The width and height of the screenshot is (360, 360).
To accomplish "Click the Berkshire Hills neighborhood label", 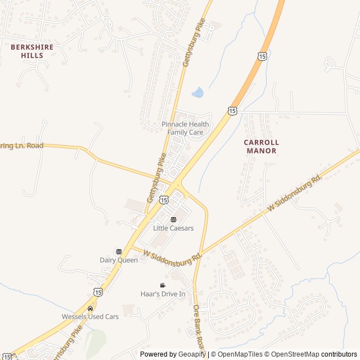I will pyautogui.click(x=32, y=51).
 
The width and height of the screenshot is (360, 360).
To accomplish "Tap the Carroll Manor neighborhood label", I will pyautogui.click(x=261, y=146).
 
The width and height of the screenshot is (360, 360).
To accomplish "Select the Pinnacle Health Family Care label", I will pyautogui.click(x=185, y=128).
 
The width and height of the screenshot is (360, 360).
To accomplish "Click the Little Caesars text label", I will pyautogui.click(x=173, y=228).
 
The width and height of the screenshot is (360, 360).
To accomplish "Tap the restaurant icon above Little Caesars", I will pyautogui.click(x=173, y=219).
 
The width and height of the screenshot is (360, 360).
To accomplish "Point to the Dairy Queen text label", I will pyautogui.click(x=119, y=260).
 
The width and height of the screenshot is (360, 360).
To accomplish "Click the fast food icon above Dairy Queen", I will pyautogui.click(x=119, y=251).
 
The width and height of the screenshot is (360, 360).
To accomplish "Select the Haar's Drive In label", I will pyautogui.click(x=163, y=294).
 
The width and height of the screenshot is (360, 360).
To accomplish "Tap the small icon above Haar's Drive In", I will pyautogui.click(x=163, y=285).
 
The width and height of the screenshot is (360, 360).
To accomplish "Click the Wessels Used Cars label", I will pyautogui.click(x=90, y=317).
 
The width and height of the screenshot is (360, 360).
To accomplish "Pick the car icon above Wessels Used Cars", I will pyautogui.click(x=90, y=308).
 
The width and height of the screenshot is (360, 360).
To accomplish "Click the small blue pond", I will pyautogui.click(x=197, y=92).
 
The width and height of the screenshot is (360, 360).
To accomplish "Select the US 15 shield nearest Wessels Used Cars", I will pyautogui.click(x=98, y=291).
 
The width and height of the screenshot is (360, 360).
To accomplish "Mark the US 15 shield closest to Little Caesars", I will pyautogui.click(x=163, y=199).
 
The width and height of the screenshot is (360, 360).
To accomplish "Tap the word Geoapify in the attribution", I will pyautogui.click(x=192, y=354).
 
